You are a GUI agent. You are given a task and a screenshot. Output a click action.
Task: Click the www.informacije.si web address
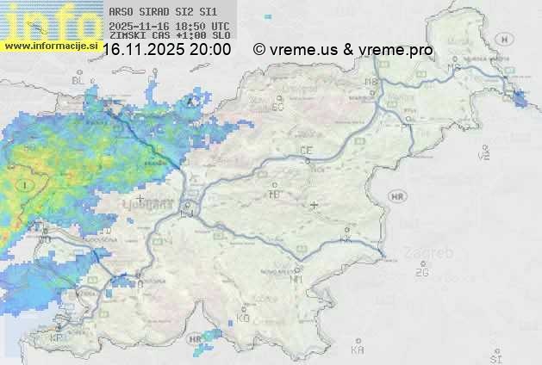(50, 45)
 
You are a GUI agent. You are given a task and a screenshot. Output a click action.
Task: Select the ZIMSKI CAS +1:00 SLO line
(170, 36)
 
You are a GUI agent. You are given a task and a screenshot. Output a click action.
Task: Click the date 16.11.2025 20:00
(166, 50)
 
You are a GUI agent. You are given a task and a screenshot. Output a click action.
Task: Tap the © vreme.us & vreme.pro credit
(343, 50)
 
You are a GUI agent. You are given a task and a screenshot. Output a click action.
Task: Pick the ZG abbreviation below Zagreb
(421, 273)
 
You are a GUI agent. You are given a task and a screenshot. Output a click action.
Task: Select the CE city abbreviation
(305, 151)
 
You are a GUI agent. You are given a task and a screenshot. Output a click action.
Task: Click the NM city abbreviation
(297, 279)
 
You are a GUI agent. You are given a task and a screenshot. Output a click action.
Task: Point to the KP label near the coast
(57, 338)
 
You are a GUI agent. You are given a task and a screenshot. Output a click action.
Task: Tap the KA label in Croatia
(358, 350)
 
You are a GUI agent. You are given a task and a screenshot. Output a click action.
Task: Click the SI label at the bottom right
(495, 357)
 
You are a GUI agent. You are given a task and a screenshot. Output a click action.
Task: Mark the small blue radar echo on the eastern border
(520, 99)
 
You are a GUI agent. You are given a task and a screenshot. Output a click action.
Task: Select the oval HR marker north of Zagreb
(397, 196)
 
